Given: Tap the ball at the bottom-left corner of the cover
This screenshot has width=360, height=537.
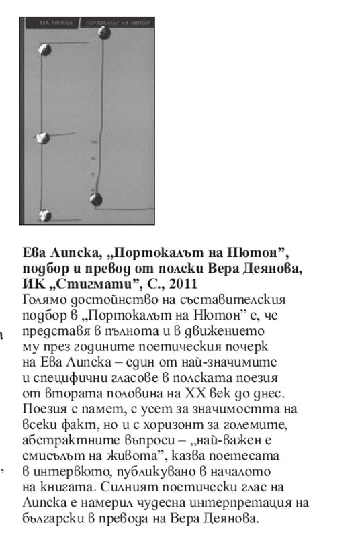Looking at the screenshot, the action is tap(45, 215).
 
